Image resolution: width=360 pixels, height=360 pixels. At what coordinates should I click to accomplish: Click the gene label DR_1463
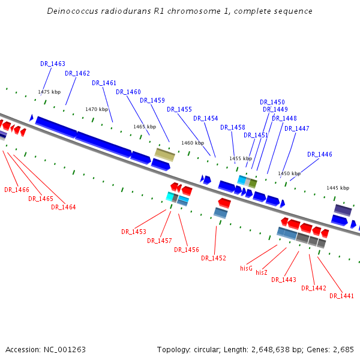pos(53,64)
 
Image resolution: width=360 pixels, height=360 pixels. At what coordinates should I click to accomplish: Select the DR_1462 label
pos(77,73)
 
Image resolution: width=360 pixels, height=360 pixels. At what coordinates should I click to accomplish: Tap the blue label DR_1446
pos(320,154)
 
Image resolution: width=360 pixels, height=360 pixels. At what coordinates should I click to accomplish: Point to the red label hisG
pos(246,268)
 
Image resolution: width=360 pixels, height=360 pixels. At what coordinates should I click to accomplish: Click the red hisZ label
pos(262,272)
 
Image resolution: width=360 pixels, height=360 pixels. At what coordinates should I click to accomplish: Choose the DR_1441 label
pos(341,296)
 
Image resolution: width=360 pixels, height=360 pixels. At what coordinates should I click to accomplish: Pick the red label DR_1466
pos(17,190)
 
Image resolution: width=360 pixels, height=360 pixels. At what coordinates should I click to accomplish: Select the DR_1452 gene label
pos(214,258)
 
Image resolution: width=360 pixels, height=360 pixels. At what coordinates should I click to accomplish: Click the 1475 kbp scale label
pos(49,92)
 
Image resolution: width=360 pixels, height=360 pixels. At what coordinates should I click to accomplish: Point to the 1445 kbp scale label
pos(338,188)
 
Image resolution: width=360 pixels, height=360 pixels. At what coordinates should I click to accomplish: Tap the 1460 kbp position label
pos(193,143)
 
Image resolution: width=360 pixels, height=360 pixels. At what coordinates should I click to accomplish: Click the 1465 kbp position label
pos(145,127)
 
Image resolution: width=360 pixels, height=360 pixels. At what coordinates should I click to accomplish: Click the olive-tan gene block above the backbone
pos(164,154)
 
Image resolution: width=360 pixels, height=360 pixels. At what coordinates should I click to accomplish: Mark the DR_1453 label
pos(134,232)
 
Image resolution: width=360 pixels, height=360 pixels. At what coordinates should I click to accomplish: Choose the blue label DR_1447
pos(297,128)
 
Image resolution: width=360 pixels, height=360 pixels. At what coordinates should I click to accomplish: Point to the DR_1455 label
pos(179,109)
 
